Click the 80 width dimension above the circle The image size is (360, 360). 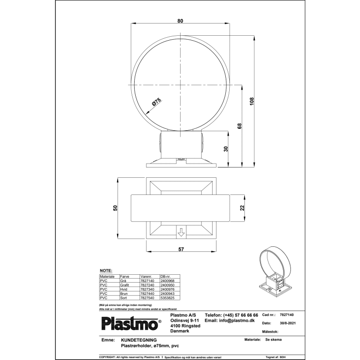click(180, 21)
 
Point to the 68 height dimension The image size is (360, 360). click(240, 125)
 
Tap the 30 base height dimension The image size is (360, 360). click(226, 149)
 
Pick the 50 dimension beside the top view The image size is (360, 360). click(116, 208)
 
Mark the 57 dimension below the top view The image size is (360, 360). click(181, 249)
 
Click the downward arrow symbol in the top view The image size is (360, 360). click(181, 232)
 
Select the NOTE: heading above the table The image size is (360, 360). click(106, 270)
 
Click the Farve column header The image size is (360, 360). click(124, 276)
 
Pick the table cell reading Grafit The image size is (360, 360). click(124, 285)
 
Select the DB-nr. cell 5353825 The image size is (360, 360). click(167, 297)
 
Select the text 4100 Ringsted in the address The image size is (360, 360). click(185, 326)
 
